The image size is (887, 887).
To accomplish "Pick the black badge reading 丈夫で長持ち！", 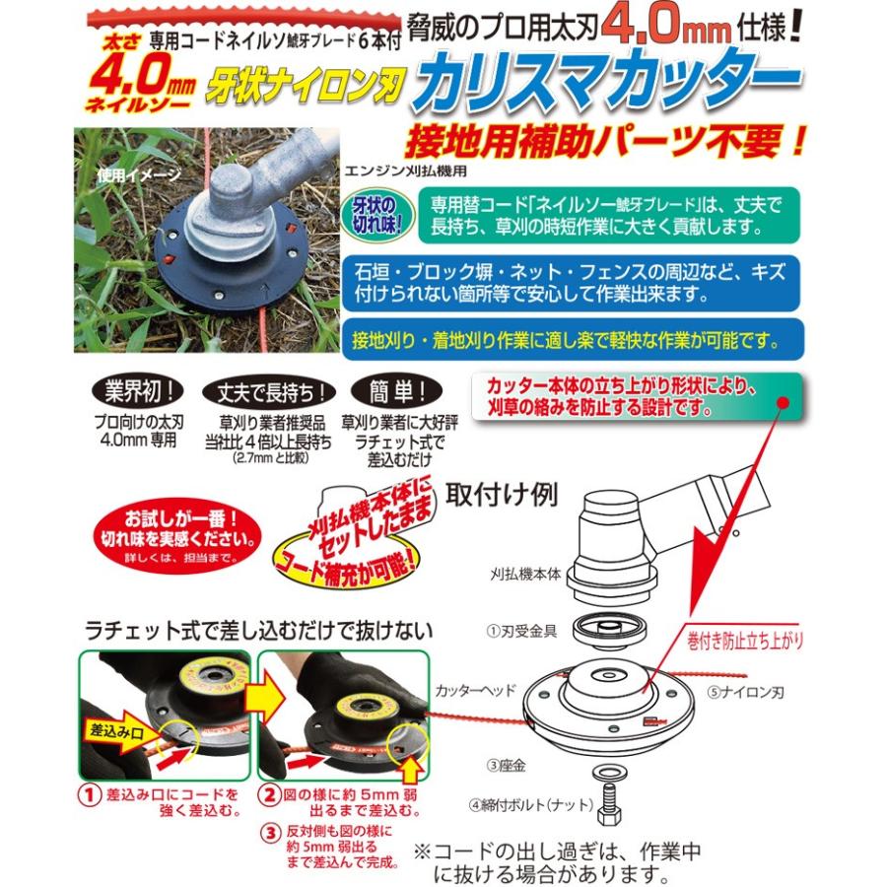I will point(266,390).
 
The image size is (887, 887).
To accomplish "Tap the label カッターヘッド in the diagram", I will point(474,691).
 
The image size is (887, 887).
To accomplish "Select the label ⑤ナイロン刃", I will point(738,693).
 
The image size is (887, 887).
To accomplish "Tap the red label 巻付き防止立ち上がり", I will point(745,641).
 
